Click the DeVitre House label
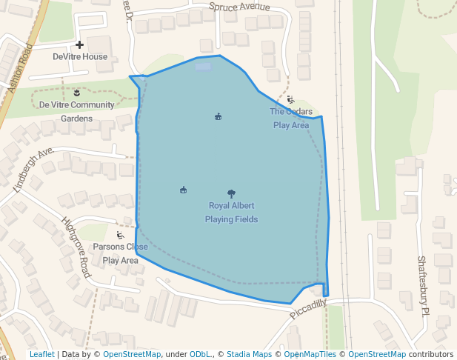80,57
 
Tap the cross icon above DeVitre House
79,45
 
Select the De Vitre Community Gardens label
76,111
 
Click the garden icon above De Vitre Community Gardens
76,93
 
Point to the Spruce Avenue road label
239,7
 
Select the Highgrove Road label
76,247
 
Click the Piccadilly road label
307,309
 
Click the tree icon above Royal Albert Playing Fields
231,194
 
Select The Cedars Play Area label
291,119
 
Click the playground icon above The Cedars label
290,100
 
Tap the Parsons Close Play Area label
120,253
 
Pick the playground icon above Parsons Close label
120,236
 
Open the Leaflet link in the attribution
41,354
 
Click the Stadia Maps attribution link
249,354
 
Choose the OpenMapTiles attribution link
310,354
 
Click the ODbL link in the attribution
200,354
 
